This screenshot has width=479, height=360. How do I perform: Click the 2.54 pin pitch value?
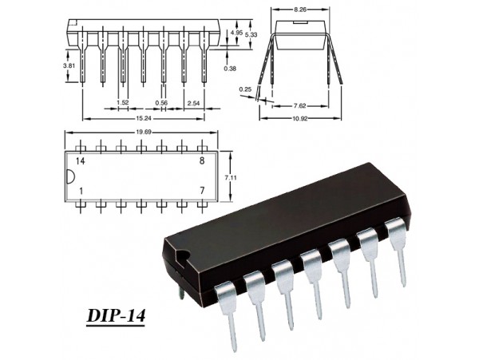point(192,103)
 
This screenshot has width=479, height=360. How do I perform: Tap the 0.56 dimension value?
point(161,103)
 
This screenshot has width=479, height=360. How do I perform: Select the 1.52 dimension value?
point(122,103)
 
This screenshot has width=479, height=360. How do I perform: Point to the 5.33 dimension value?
point(251,34)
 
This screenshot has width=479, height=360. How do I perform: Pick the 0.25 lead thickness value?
point(245,89)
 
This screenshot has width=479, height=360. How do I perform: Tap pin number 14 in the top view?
point(81,161)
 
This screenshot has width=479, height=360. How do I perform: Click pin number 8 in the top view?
point(203,161)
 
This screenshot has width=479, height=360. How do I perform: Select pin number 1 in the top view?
point(81,192)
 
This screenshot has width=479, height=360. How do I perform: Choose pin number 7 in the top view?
point(203,192)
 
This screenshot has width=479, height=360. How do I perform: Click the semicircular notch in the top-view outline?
point(70,176)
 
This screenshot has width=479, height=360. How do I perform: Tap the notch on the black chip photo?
point(184,259)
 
